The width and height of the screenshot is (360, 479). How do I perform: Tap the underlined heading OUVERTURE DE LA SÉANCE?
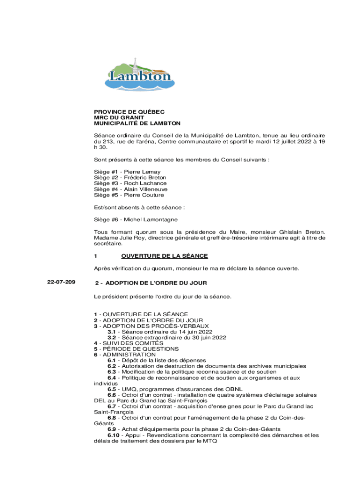coord(164,256)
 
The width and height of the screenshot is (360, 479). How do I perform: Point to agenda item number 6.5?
coord(112,389)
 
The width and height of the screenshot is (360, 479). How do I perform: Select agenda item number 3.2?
coord(112,337)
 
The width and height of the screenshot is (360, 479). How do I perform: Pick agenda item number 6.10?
coord(114,435)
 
